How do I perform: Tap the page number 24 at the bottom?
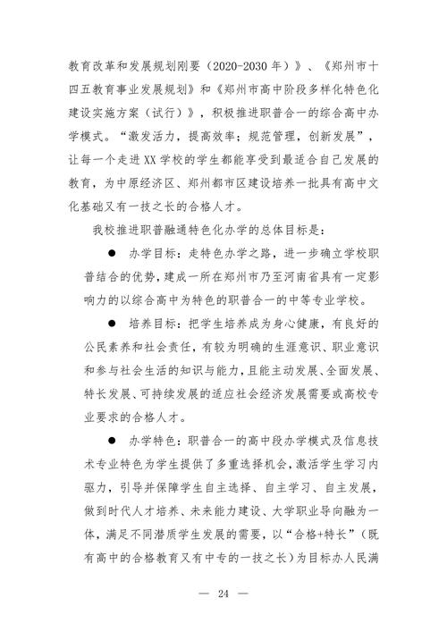(223, 593)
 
